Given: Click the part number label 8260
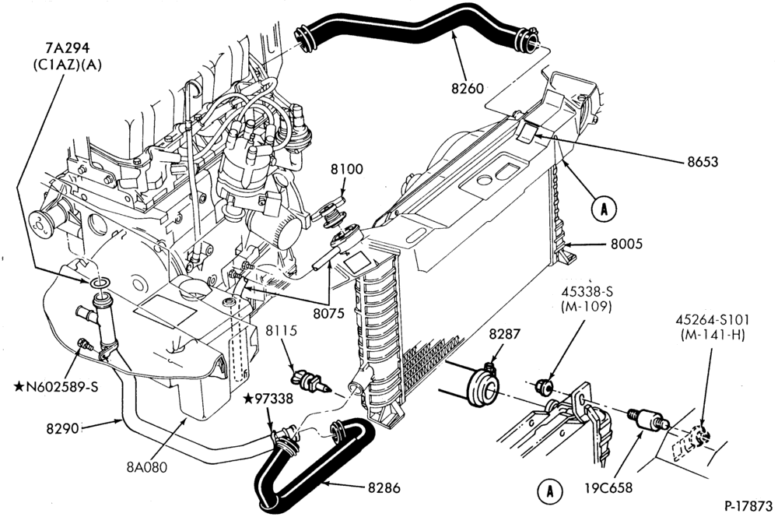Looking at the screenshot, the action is pos(467,89).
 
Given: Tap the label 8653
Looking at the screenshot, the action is pos(703,162).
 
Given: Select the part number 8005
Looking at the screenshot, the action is pos(626,244).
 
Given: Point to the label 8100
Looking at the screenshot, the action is pos(347,170).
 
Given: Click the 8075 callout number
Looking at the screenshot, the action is pos(328,314).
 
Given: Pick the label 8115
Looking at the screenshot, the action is pos(280,331).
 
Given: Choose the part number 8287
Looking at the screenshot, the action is pos(505,334).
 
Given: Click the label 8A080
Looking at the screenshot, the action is pos(146,467).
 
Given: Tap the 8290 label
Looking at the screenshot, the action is pos(63,428).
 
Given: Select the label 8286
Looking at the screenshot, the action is pos(384,488).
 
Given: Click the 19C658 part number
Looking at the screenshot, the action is pos(608,488).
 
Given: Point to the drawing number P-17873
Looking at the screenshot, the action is pos(748,506).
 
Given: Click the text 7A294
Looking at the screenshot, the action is pos(67,48).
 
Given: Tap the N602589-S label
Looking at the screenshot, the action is pos(55,386).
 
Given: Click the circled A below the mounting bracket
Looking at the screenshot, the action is pos(550,491).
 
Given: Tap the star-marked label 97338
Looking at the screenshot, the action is pos(268,399).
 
